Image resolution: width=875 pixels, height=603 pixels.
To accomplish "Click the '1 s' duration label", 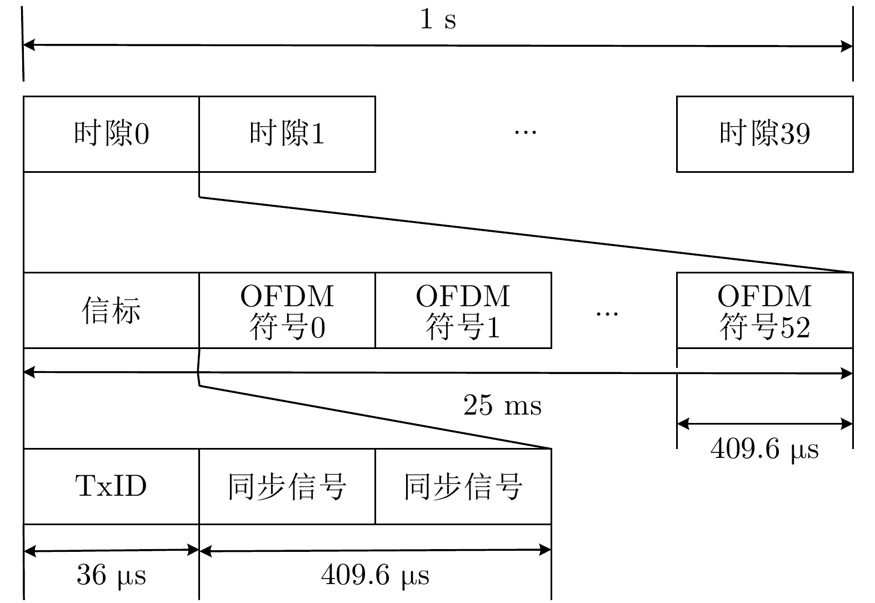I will point(438,19).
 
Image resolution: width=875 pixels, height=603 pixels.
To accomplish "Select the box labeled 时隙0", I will point(111,134).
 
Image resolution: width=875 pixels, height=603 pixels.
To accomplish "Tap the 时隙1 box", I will point(287,134).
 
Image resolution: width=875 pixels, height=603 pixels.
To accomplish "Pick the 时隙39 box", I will point(764,134).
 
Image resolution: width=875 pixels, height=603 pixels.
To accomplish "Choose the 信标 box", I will point(111,310).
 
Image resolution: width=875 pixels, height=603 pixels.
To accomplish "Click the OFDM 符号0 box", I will point(287,310).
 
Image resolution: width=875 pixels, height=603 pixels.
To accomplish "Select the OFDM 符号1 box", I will point(463,310).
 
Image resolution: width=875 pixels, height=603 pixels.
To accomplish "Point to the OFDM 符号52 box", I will point(764,310).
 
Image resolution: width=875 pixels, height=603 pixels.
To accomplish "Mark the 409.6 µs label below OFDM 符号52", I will point(764,448).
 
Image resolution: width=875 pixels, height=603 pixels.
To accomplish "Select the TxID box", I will point(111,486).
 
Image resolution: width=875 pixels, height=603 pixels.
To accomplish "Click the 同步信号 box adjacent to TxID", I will point(287,486).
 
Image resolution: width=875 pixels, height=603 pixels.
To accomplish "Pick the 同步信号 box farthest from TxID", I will point(463,486).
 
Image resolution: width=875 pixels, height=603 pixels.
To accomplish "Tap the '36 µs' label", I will point(111,575).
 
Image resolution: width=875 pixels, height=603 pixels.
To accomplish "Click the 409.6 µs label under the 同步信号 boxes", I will point(375,575).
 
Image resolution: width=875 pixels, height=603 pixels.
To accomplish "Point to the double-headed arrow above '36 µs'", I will point(111,551).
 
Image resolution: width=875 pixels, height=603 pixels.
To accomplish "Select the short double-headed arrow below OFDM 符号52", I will point(764,424).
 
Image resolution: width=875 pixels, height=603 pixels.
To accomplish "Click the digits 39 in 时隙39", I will point(795,134).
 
